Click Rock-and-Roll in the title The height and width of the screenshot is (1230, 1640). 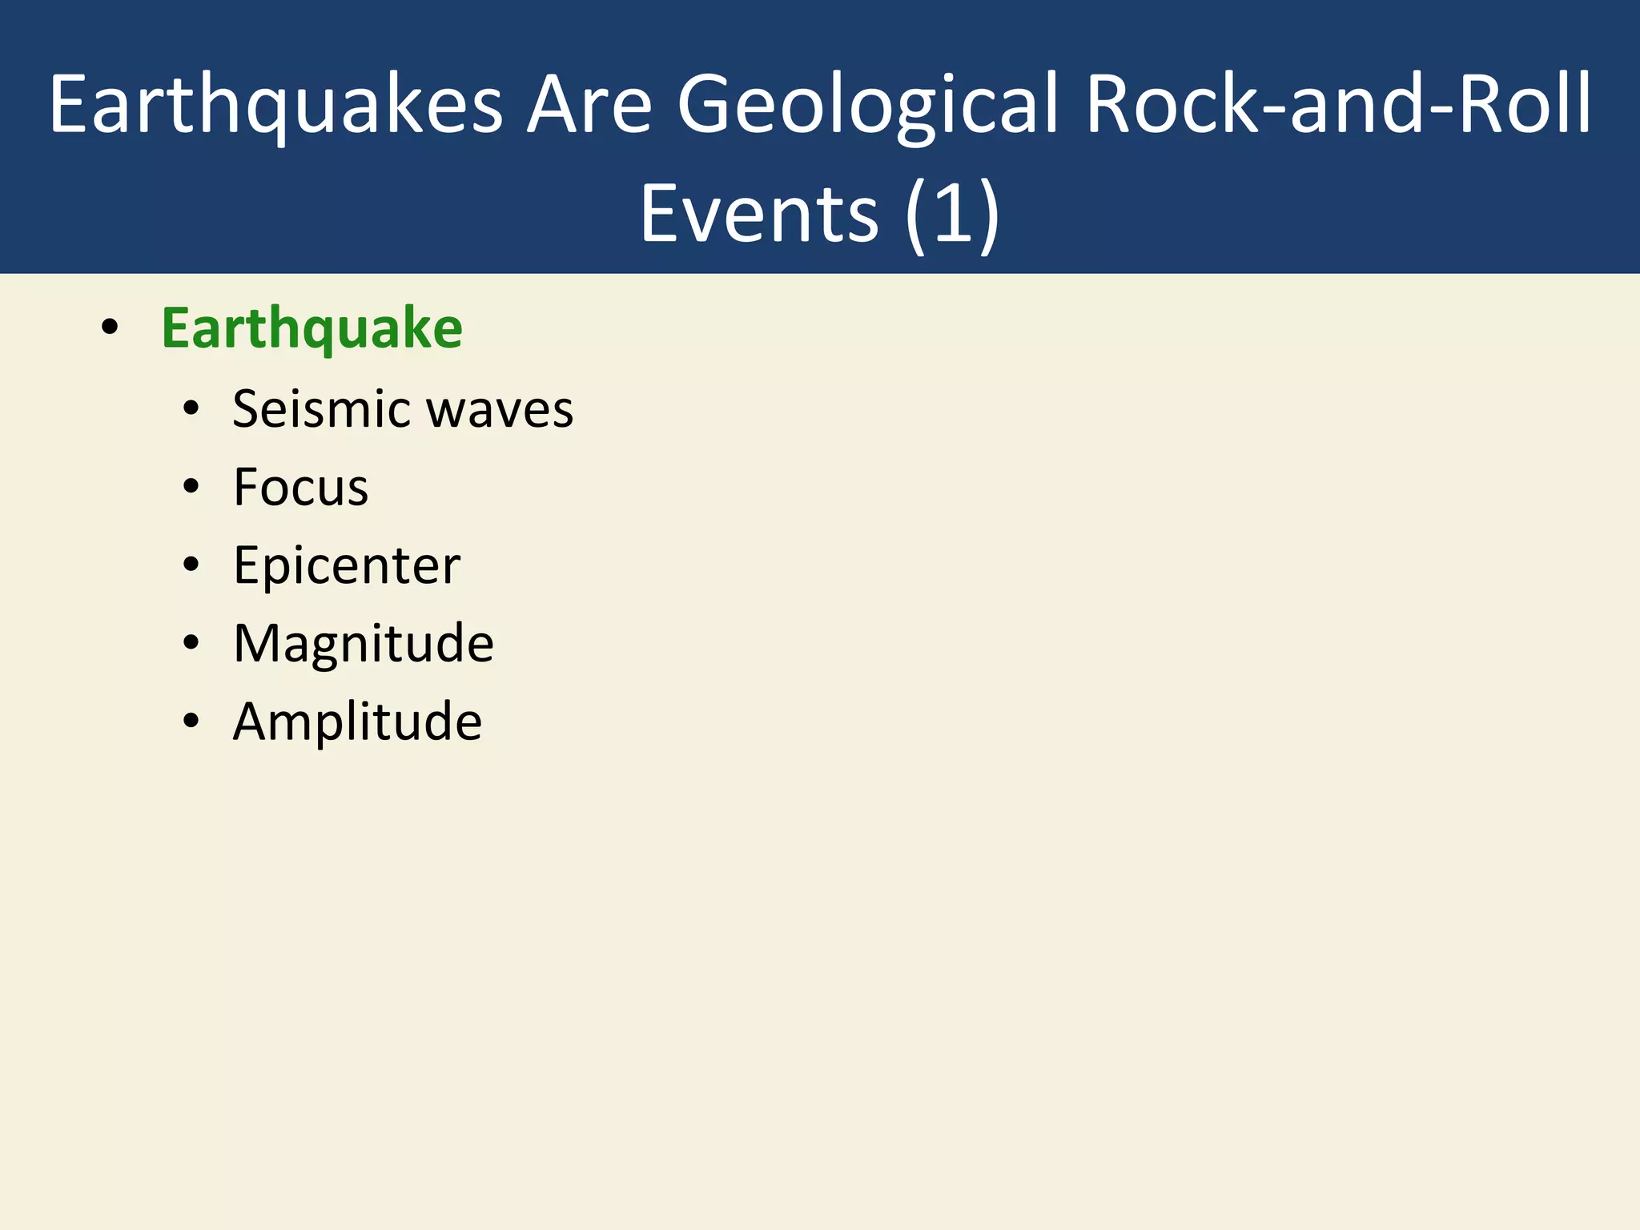click(1338, 104)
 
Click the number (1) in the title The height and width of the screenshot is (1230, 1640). click(952, 214)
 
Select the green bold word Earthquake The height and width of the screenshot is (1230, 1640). click(312, 328)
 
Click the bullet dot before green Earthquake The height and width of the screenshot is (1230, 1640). click(111, 327)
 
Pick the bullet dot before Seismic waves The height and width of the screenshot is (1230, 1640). click(191, 408)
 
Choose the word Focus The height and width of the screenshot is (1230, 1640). click(301, 487)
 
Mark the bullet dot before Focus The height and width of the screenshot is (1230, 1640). click(191, 486)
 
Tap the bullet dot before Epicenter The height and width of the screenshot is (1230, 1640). click(191, 565)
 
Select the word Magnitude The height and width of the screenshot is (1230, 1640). click(364, 643)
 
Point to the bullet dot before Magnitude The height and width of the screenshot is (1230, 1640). click(191, 642)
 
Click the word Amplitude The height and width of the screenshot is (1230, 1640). click(357, 722)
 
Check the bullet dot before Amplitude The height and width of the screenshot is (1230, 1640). click(191, 721)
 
